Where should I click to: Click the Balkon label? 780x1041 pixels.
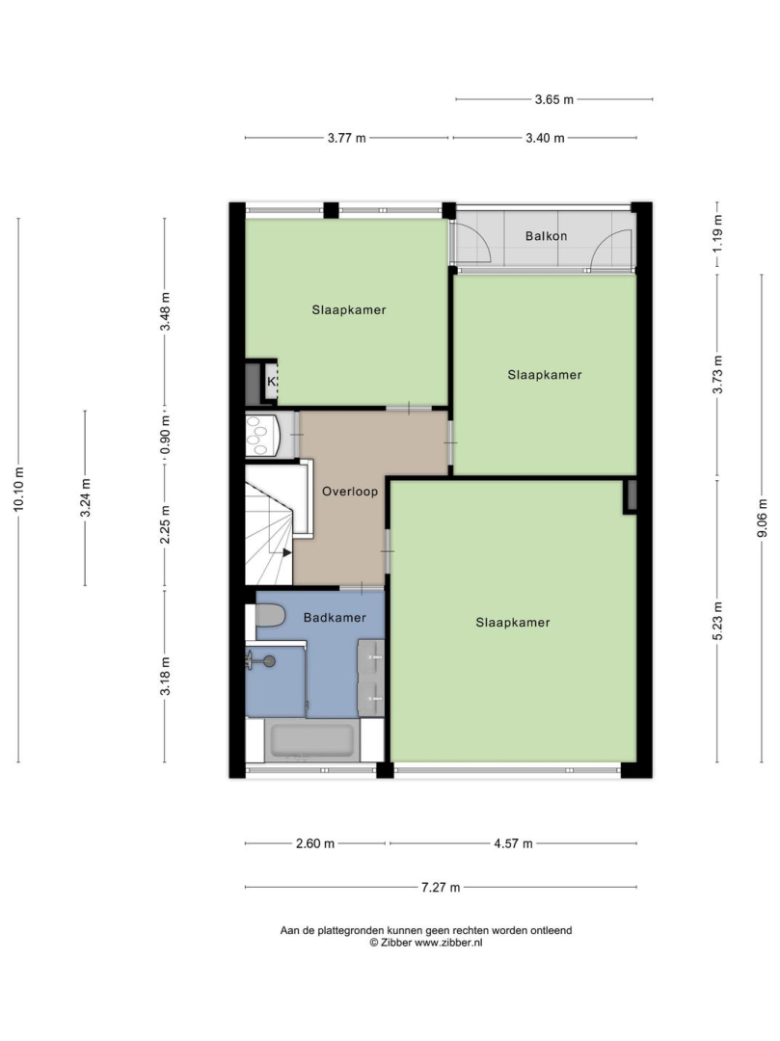[x=546, y=236]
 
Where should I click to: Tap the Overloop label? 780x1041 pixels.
[x=350, y=492]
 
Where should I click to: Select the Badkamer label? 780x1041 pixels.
[x=335, y=618]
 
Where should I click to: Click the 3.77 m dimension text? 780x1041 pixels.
[x=346, y=138]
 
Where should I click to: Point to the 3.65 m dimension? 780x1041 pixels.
[x=553, y=99]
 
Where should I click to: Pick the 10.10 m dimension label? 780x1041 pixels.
[x=18, y=490]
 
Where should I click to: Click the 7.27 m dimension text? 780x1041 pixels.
[x=441, y=887]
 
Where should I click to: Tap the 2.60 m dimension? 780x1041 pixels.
[x=315, y=843]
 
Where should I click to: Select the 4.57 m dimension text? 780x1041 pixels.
[x=513, y=843]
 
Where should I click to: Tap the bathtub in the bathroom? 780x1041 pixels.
[x=312, y=741]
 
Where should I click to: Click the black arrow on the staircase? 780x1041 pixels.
[x=286, y=552]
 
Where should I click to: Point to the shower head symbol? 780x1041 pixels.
[x=269, y=660]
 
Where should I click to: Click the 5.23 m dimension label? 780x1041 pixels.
[x=717, y=621]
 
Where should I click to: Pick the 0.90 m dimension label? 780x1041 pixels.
[x=165, y=436]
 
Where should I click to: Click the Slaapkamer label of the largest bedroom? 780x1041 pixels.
[x=513, y=623]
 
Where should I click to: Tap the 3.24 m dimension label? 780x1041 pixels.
[x=85, y=498]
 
